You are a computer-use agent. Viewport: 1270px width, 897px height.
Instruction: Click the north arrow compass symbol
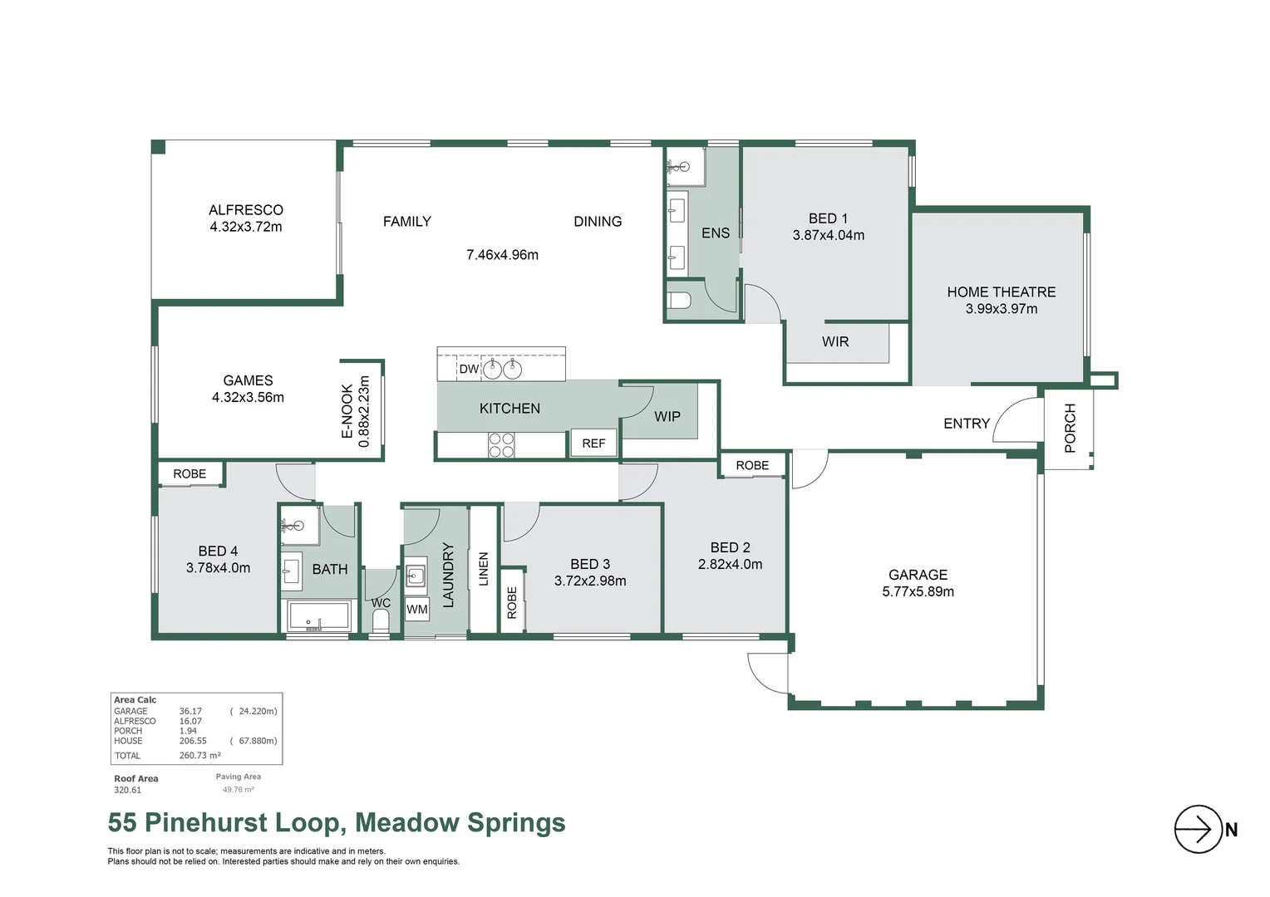[1198, 829]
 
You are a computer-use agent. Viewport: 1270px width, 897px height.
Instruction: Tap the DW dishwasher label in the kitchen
[469, 369]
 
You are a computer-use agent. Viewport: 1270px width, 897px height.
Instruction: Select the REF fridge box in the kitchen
[593, 444]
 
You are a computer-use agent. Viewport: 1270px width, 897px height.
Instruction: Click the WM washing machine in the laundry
[417, 610]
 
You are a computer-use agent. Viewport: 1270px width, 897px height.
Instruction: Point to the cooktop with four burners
[501, 445]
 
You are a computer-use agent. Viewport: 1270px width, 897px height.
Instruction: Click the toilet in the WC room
[381, 620]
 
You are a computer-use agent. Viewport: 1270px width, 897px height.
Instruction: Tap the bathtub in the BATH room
[318, 616]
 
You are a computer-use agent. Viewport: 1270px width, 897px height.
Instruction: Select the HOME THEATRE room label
[1001, 292]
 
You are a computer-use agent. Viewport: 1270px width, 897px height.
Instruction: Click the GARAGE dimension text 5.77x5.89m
[918, 592]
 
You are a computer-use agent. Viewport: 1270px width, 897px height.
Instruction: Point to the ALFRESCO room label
[245, 210]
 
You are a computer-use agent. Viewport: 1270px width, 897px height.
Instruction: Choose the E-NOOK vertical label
[347, 411]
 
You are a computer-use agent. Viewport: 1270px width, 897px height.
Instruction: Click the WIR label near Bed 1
[835, 342]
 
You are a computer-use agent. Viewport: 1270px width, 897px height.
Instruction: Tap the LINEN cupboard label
[484, 569]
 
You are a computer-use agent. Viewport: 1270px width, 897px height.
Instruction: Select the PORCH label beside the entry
[1070, 428]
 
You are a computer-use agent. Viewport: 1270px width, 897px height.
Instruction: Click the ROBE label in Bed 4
[190, 474]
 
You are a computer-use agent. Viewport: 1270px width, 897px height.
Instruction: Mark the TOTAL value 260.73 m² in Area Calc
[199, 756]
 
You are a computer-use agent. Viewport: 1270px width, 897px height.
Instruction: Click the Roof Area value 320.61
[127, 791]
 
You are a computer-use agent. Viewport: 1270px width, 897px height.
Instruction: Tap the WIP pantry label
[667, 417]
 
